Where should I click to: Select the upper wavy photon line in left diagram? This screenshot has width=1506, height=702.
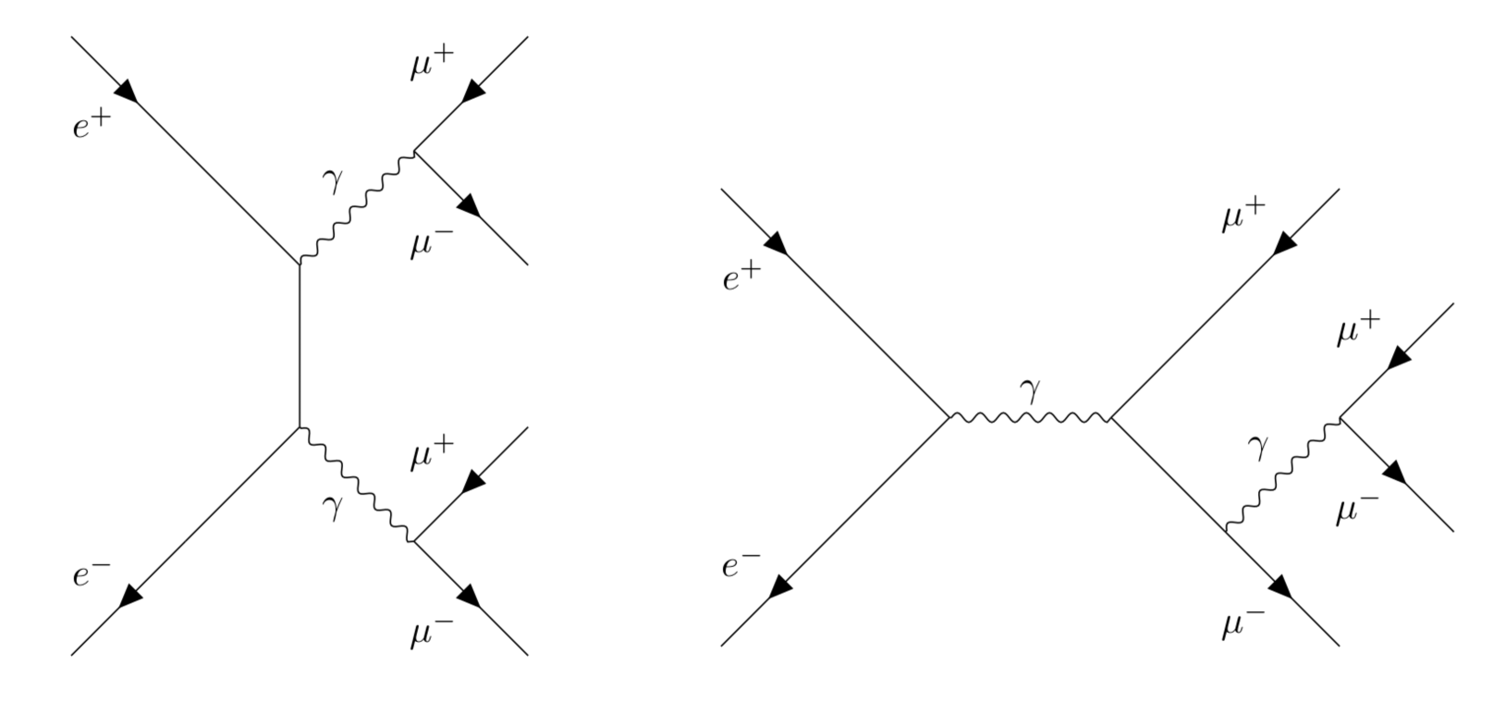357,207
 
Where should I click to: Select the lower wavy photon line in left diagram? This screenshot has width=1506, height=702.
357,484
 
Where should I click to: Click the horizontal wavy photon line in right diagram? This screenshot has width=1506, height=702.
1030,418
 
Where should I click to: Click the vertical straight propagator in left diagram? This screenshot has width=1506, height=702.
300,346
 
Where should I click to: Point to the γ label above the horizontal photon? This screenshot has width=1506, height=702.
1030,393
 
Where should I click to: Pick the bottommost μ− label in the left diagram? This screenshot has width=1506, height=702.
432,634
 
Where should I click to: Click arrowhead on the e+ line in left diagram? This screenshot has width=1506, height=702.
128,91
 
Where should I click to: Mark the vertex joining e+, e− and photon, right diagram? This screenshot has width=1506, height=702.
949,417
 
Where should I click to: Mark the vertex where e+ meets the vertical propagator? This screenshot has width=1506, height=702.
300,265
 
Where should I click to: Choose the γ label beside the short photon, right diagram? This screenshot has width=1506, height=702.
1256,448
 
